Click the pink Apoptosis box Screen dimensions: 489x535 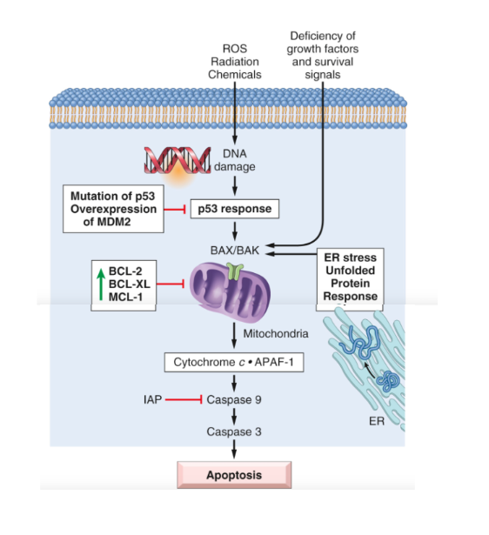(234, 475)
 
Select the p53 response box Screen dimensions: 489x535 (235, 209)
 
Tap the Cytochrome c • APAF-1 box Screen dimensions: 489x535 (234, 362)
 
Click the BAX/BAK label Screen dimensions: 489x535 (235, 250)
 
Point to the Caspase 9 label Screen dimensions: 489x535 (234, 399)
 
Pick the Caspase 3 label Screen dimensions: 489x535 (234, 431)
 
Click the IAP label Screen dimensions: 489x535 (152, 399)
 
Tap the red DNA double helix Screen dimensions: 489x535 (178, 160)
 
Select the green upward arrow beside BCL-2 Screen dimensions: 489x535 (101, 284)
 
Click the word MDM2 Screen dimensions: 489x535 (112, 222)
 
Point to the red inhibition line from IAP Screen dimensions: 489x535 (184, 399)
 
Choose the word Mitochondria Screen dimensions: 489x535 (276, 333)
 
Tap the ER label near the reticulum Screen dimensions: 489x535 (377, 421)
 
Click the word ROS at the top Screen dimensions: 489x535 (235, 49)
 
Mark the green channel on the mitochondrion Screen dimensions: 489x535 (235, 271)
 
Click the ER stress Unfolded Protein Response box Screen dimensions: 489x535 (350, 279)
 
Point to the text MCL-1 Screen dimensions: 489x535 (125, 297)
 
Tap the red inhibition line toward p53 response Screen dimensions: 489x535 (175, 209)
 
